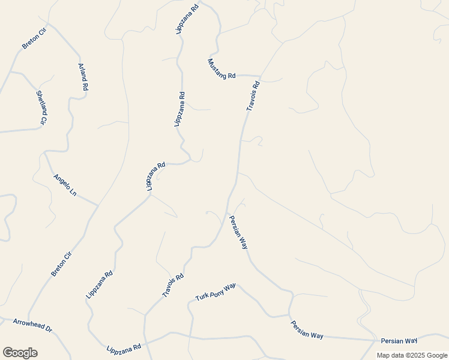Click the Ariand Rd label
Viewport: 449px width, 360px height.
coord(83,77)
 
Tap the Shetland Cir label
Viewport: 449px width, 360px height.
coord(41,108)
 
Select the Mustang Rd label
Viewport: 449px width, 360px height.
coord(222,68)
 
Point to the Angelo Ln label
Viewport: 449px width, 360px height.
coord(65,185)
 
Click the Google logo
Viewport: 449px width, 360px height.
coord(20,353)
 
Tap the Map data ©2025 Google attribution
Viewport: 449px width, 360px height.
coord(412,355)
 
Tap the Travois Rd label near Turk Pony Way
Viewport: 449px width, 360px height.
coord(172,285)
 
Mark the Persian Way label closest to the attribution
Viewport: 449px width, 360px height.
coord(399,341)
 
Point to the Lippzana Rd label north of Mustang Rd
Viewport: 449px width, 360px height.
coord(187,19)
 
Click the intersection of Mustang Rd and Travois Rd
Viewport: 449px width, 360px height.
coord(260,77)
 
